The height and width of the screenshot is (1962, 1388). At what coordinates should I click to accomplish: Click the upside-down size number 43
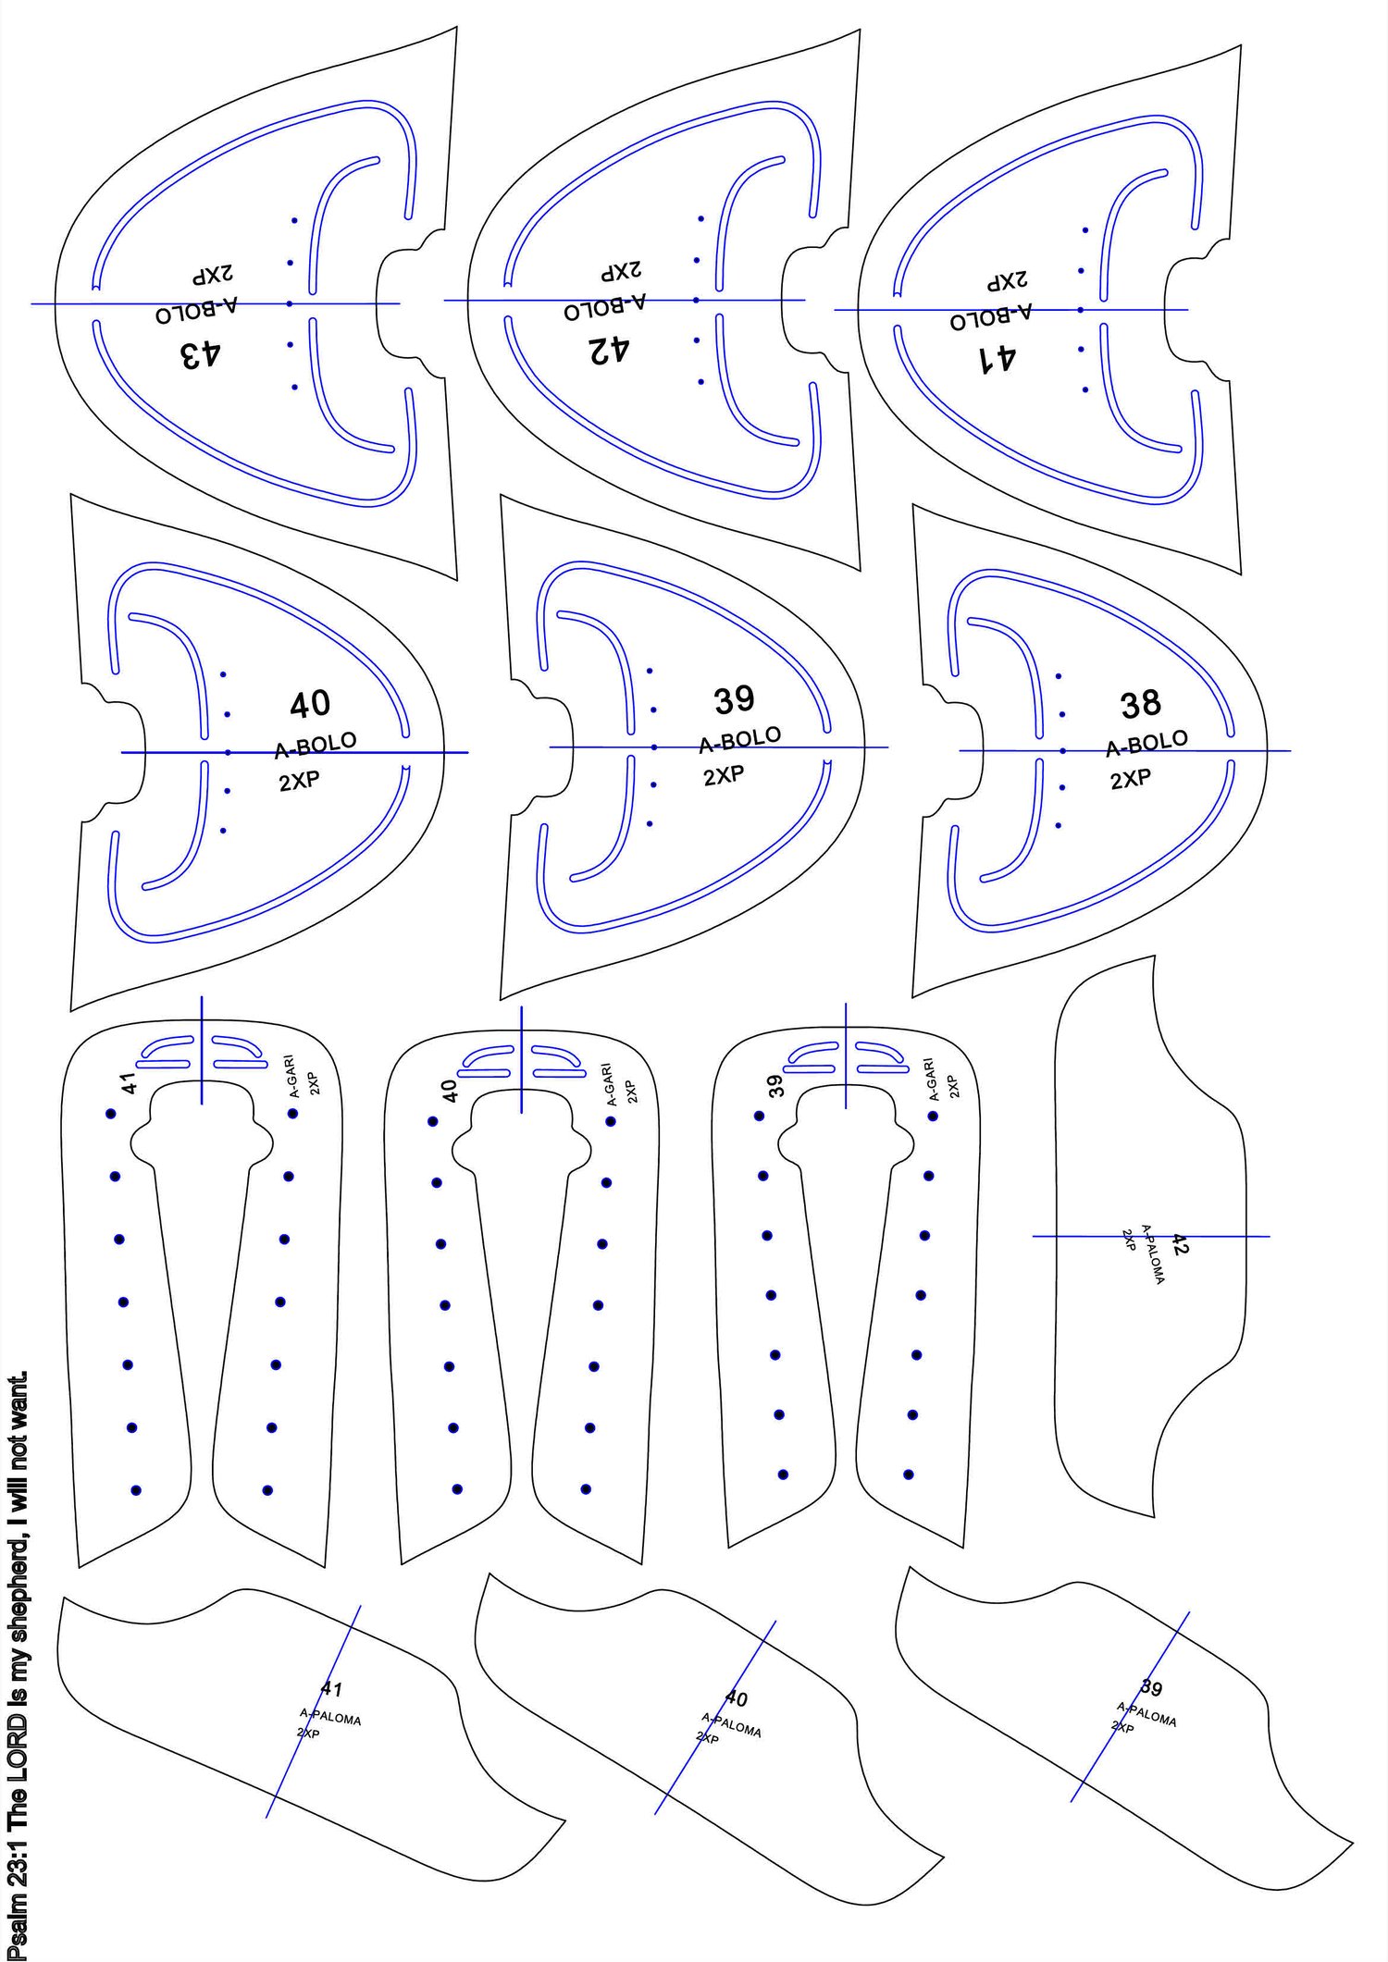(x=201, y=354)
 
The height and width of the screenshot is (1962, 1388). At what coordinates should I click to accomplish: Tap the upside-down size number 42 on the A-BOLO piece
(x=610, y=350)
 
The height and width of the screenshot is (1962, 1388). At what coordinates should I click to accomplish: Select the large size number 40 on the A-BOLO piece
(x=310, y=705)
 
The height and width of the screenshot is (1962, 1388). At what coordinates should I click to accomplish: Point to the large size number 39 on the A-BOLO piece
(x=735, y=700)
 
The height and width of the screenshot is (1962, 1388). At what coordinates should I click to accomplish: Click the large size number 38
(x=1141, y=705)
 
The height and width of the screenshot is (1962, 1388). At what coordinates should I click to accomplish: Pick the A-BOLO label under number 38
(x=1147, y=743)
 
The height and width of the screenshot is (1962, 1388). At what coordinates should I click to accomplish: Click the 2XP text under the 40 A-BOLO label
(x=299, y=782)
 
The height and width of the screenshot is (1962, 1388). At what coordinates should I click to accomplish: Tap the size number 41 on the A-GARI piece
(x=130, y=1082)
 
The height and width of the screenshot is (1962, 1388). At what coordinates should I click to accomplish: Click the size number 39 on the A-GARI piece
(x=775, y=1085)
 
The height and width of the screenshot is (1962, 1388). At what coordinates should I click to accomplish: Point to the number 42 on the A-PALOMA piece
(x=1180, y=1244)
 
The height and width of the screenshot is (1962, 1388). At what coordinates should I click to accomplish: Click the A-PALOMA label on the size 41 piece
(x=330, y=1717)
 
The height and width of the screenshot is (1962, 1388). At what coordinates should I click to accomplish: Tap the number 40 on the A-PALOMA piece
(x=736, y=1698)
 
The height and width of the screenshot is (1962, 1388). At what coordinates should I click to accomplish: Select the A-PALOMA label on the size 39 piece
(x=1146, y=1714)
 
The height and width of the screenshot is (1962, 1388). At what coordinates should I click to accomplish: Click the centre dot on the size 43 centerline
(x=290, y=303)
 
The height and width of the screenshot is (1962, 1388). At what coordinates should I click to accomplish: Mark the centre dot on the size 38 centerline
(x=1062, y=751)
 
